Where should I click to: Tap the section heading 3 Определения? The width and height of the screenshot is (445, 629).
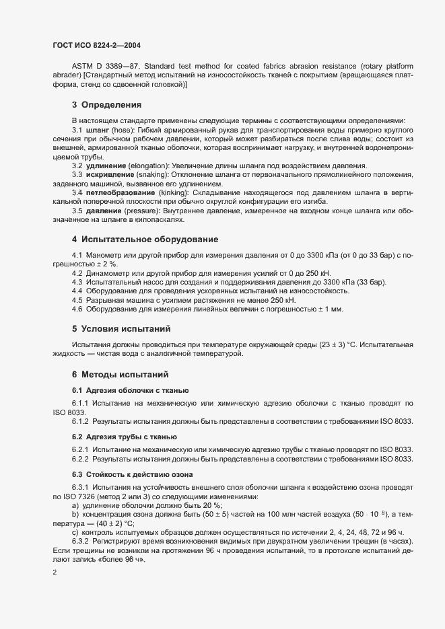106,104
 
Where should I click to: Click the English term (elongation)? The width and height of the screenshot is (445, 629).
151,165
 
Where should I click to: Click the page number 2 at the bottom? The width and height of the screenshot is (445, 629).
55,572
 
